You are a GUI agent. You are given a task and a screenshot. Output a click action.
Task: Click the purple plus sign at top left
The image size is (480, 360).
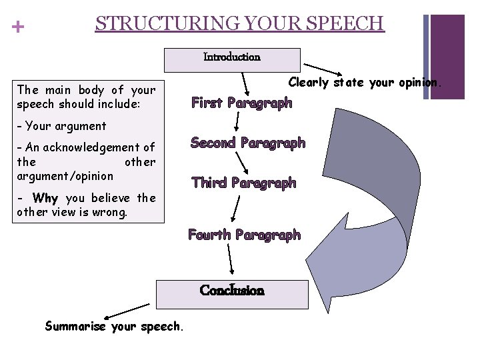18,27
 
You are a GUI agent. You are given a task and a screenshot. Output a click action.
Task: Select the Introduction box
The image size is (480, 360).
232,59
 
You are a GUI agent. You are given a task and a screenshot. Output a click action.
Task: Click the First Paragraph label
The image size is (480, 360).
241,103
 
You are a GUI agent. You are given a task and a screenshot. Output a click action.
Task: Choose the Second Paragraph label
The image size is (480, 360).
248,143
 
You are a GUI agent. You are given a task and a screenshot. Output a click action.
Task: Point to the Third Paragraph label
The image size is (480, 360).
243,183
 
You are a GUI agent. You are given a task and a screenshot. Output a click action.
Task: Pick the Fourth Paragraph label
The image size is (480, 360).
244,235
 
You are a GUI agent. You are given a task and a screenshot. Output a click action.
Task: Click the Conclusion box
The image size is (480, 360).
232,292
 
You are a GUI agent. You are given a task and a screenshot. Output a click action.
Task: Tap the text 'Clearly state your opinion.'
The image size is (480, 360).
364,83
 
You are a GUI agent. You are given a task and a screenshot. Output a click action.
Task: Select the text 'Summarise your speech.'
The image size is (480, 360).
113,326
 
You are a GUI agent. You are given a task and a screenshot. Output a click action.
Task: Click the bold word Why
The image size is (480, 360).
45,198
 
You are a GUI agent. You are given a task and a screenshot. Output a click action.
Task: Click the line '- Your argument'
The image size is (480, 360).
61,125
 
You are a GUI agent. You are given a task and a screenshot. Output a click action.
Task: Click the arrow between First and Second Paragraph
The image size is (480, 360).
237,121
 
